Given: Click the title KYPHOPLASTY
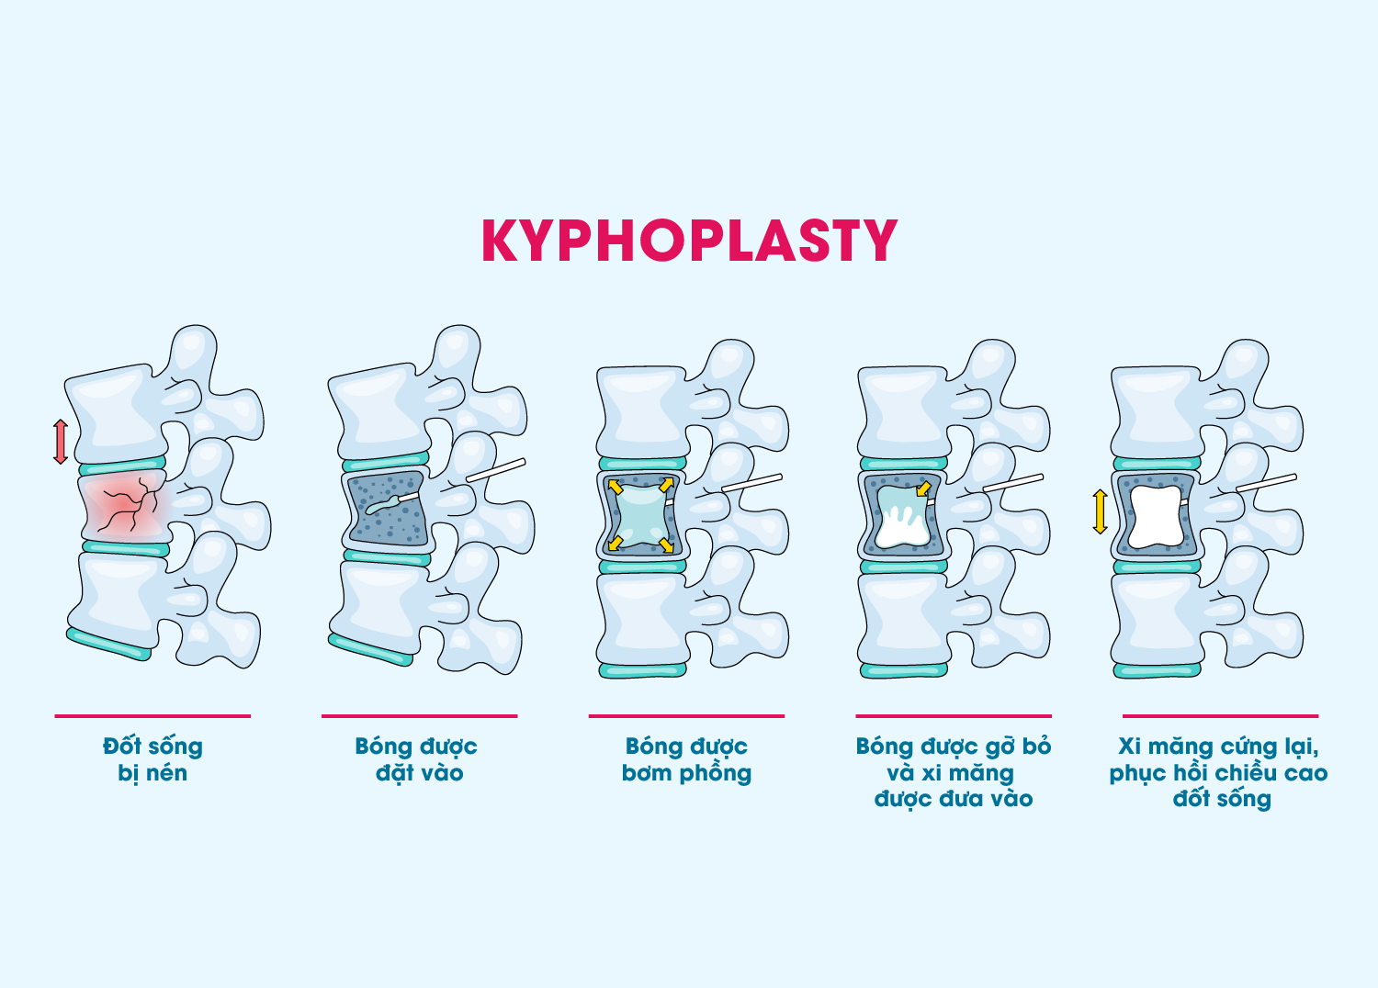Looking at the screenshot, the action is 689,241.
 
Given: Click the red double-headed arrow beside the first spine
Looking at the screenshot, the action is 61,442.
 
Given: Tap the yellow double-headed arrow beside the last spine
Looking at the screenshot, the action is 1100,511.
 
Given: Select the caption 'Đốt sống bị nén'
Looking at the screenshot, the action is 152,759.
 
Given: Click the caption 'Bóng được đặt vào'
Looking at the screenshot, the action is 417,759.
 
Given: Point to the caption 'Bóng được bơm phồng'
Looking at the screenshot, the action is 686,759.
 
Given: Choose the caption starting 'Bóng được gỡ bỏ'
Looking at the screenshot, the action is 954,772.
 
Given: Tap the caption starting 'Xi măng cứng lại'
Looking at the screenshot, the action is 1219,772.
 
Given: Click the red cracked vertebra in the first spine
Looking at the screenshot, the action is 124,506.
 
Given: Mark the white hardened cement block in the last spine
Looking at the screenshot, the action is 1154,517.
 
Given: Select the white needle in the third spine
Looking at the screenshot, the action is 751,482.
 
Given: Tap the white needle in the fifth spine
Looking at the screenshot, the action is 1266,482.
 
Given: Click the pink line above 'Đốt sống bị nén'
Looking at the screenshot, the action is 152,715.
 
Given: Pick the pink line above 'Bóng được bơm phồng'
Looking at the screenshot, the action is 686,715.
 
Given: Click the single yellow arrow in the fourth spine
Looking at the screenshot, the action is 923,488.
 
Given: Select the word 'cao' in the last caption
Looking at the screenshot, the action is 1305,773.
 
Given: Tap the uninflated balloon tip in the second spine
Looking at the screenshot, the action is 377,507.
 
